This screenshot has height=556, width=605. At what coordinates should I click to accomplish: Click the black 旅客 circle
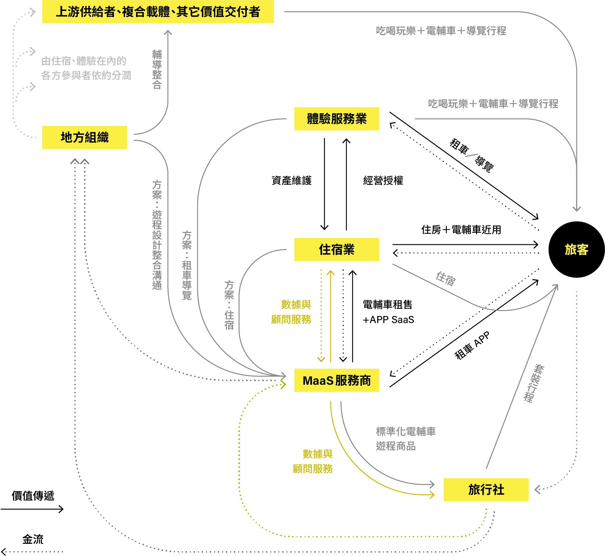coord(576,249)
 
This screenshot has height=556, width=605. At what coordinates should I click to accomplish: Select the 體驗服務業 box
coord(336,119)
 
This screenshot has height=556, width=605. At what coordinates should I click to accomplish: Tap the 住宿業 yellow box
coord(336,249)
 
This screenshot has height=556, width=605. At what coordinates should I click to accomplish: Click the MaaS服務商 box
coord(336,380)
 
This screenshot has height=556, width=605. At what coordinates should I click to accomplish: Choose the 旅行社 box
coord(486,490)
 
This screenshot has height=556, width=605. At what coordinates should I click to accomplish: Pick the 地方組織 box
coord(85,138)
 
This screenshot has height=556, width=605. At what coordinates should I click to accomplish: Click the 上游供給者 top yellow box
coord(158,12)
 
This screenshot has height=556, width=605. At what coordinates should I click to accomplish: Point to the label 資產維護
coord(291,181)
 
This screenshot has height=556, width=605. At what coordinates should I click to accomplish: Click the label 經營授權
coord(383,181)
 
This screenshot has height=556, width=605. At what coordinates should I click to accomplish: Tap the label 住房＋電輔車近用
coord(461,230)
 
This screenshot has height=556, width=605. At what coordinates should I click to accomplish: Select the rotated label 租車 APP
coord(472,345)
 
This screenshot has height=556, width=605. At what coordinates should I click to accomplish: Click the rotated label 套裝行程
coord(534,383)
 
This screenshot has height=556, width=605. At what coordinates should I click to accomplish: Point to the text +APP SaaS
coord(388,320)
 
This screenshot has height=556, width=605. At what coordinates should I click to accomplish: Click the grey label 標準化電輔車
coord(406,431)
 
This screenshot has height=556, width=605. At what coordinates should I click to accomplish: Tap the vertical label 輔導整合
coord(157,69)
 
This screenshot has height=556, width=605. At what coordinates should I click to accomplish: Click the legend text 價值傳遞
coord(33,496)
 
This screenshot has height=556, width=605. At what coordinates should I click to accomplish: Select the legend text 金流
coord(33,539)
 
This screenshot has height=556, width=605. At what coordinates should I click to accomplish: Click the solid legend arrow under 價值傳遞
coord(32,509)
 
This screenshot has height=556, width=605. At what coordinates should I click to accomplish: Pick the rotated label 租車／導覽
coord(471,156)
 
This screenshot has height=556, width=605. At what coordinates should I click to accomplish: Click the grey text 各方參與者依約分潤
coord(86,76)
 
